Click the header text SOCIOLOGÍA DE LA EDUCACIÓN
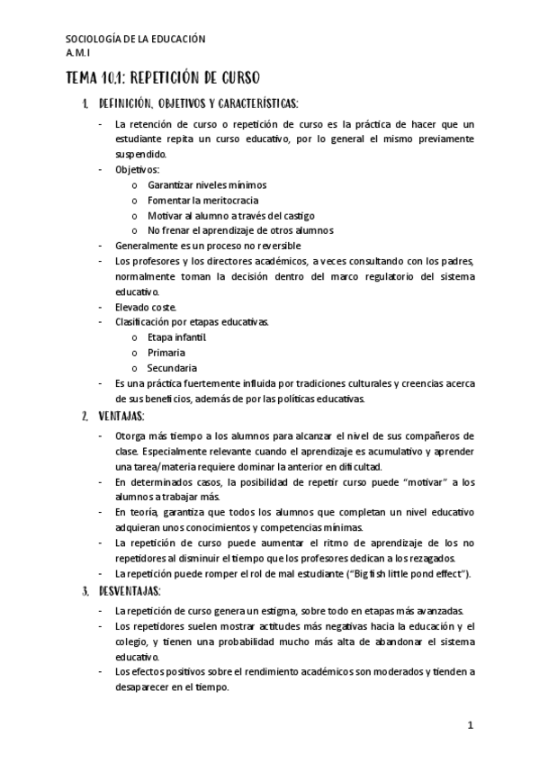[137, 39]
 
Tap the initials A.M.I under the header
[79, 53]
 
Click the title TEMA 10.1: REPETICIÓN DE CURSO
[163, 78]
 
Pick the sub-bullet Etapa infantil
[177, 337]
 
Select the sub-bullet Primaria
[166, 353]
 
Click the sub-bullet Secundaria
[172, 368]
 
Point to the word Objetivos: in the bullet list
[138, 169]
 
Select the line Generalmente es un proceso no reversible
[208, 246]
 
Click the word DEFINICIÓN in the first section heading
[132, 103]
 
